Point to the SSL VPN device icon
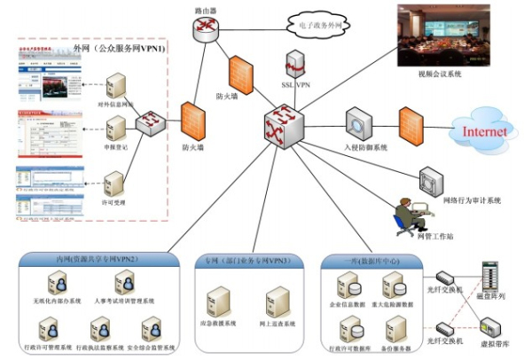click(297, 65)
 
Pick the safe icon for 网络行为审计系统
click(429, 181)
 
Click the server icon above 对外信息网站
click(116, 88)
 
